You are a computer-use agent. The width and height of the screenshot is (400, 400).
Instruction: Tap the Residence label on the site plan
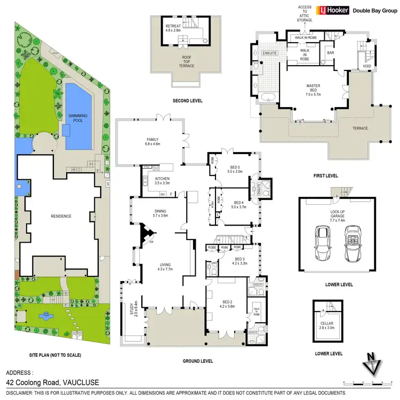click(61, 216)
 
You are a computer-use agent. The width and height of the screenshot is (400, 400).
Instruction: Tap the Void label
click(366, 67)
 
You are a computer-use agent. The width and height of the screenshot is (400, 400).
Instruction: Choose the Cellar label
click(326, 325)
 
